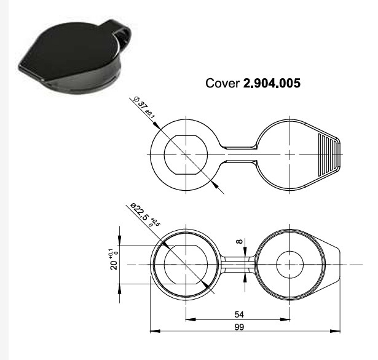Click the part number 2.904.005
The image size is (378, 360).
(272, 83)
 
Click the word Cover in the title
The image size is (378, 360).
(222, 83)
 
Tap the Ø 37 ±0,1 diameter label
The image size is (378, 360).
(144, 108)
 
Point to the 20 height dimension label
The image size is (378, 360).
(114, 265)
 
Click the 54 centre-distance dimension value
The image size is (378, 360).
(239, 314)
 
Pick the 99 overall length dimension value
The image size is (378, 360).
(239, 327)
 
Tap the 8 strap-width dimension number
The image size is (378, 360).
(239, 241)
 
